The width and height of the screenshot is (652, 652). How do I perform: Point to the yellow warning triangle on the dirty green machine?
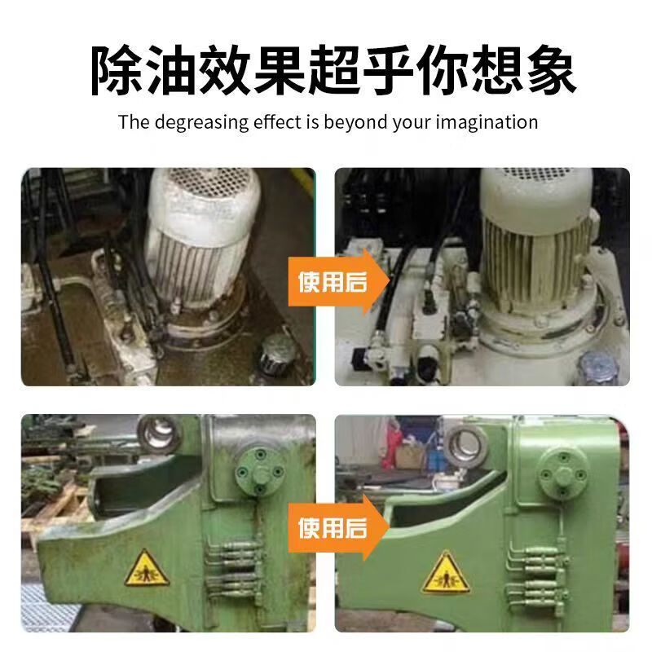[148, 568]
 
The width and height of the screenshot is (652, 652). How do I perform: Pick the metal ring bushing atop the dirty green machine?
[159, 433]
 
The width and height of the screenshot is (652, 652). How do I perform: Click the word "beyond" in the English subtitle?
[351, 123]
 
